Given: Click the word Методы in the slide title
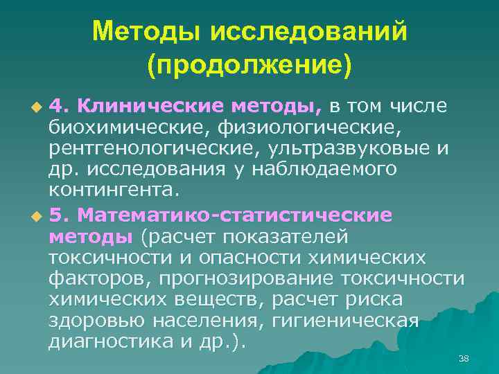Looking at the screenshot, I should point(141,31).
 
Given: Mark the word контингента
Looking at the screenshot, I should point(114,191).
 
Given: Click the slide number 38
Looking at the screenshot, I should point(464,358).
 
